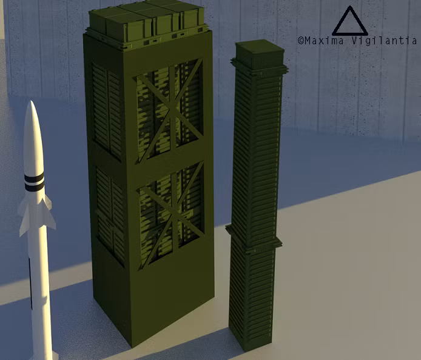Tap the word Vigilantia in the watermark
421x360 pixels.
(384, 41)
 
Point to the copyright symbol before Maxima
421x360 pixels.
(301, 41)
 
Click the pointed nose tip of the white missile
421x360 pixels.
(32, 101)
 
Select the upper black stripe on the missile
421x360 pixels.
(34, 178)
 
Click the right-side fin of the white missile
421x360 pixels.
(50, 213)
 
